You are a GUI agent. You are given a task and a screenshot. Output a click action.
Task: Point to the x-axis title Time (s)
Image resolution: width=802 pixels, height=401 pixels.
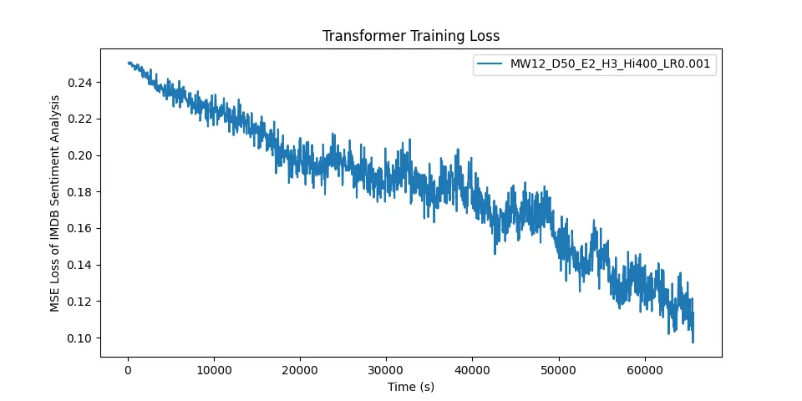pos(410,387)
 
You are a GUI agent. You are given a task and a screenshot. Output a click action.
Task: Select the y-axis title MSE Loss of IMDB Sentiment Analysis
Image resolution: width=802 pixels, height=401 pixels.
pos(56,203)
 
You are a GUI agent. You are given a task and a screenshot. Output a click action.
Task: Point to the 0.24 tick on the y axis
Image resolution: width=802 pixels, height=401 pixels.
pos(79,83)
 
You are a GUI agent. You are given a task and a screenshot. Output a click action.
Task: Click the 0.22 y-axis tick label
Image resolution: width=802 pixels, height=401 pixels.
pos(79,119)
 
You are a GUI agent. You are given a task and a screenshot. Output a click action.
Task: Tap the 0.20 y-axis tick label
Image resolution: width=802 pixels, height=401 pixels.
pos(79,155)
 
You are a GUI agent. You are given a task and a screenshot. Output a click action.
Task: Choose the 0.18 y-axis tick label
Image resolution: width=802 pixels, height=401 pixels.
pos(79,192)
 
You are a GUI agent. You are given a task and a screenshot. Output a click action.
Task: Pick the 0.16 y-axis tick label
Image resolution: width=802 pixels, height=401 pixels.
pos(79,228)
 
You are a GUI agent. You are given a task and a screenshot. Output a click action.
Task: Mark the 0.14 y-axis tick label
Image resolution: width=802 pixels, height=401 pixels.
pos(79,265)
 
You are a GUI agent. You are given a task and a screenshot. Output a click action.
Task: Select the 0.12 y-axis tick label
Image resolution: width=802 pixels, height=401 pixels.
pos(79,301)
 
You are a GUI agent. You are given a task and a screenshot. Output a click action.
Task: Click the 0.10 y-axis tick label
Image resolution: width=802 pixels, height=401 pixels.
pos(79,338)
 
